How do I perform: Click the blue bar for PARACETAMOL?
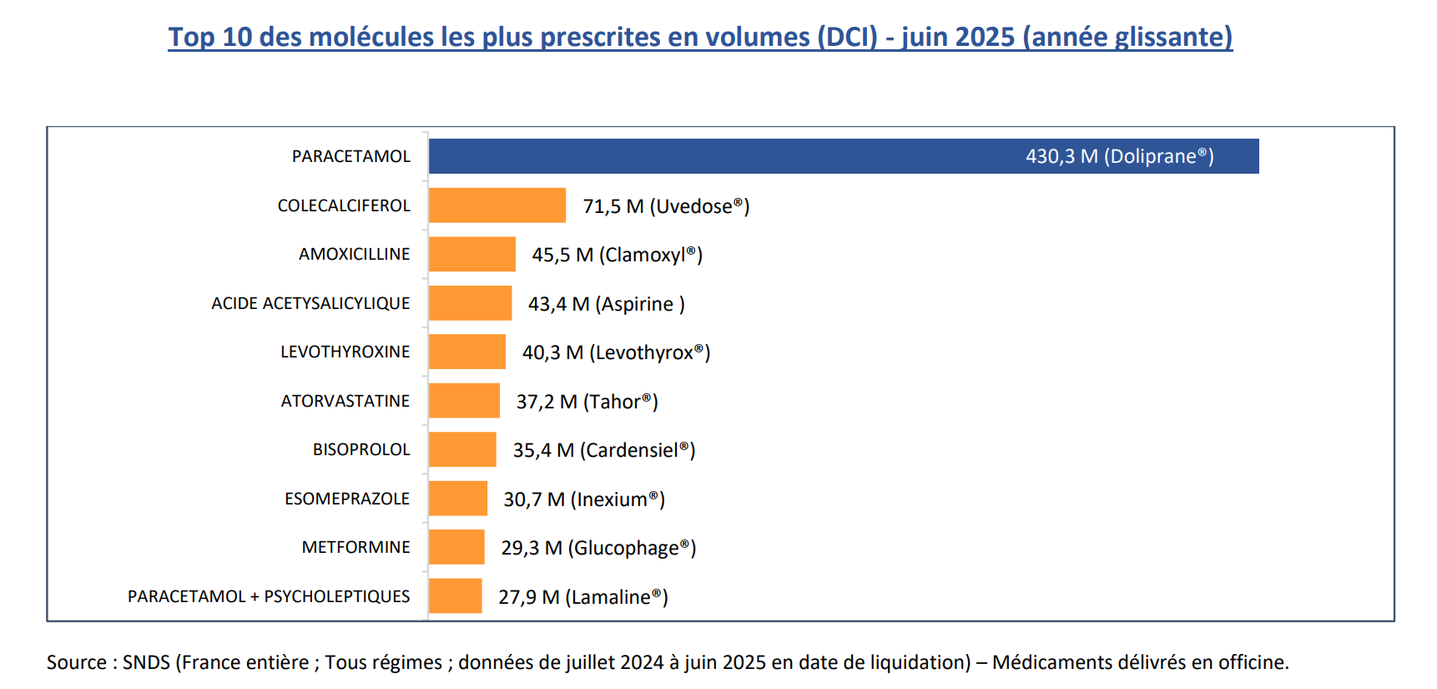[843, 156]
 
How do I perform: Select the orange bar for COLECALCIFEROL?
[497, 205]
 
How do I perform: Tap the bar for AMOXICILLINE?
[472, 254]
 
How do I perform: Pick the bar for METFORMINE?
[456, 547]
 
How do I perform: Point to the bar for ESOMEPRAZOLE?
[458, 499]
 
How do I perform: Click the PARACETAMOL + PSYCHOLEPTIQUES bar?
[456, 596]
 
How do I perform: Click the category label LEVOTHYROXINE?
[345, 352]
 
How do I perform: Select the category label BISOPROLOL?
[361, 449]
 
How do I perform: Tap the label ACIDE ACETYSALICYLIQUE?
[310, 303]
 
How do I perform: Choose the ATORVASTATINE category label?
[345, 401]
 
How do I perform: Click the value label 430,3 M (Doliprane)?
[1119, 156]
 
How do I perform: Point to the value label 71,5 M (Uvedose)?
[666, 206]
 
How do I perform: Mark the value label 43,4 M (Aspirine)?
[606, 304]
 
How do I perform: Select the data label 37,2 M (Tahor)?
[587, 402]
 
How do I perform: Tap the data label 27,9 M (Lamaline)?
[582, 597]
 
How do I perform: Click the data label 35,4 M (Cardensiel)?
[603, 450]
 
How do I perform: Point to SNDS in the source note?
[146, 662]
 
